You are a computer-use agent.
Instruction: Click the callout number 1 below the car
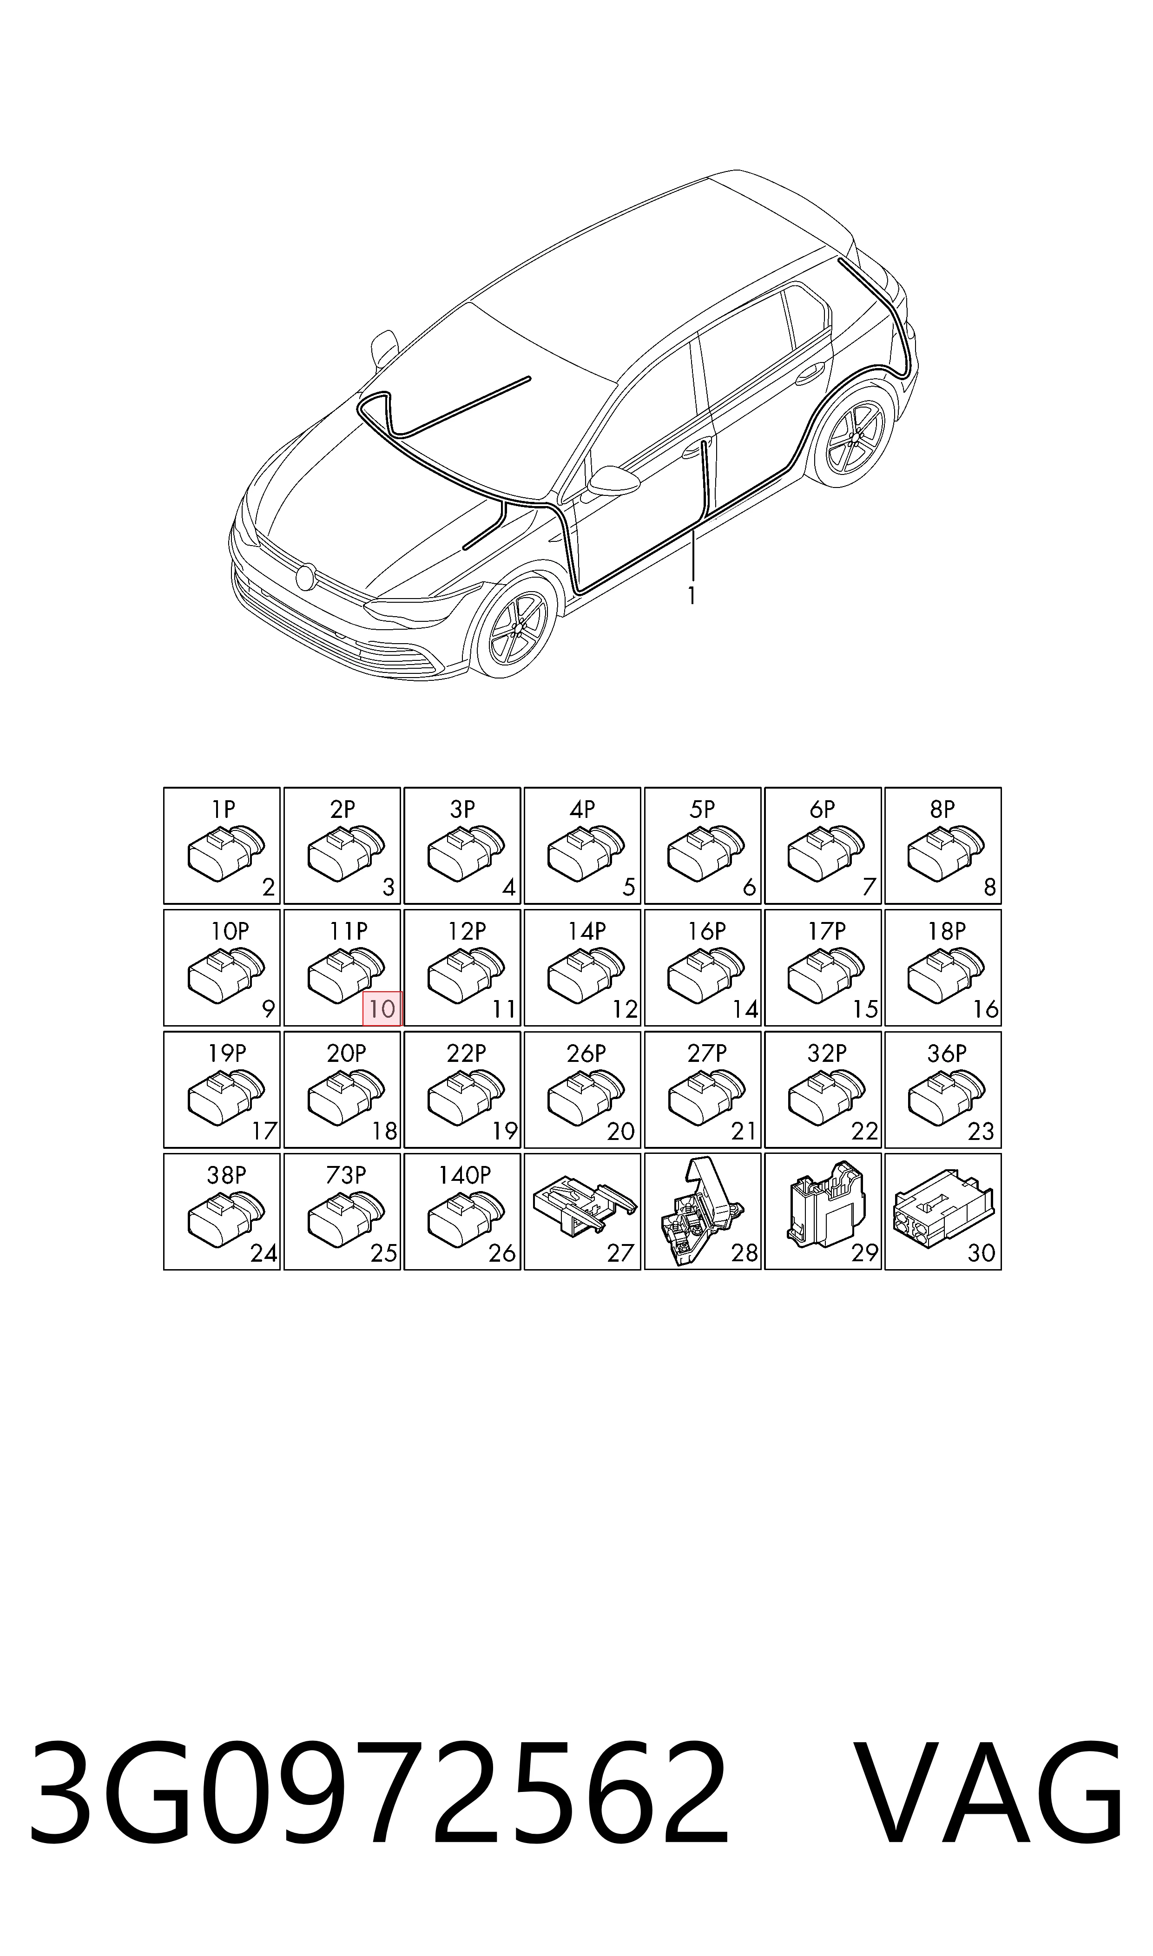click(691, 597)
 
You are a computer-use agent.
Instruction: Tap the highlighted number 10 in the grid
click(382, 1009)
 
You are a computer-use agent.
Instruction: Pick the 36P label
click(946, 1054)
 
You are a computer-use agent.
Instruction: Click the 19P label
click(227, 1054)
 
